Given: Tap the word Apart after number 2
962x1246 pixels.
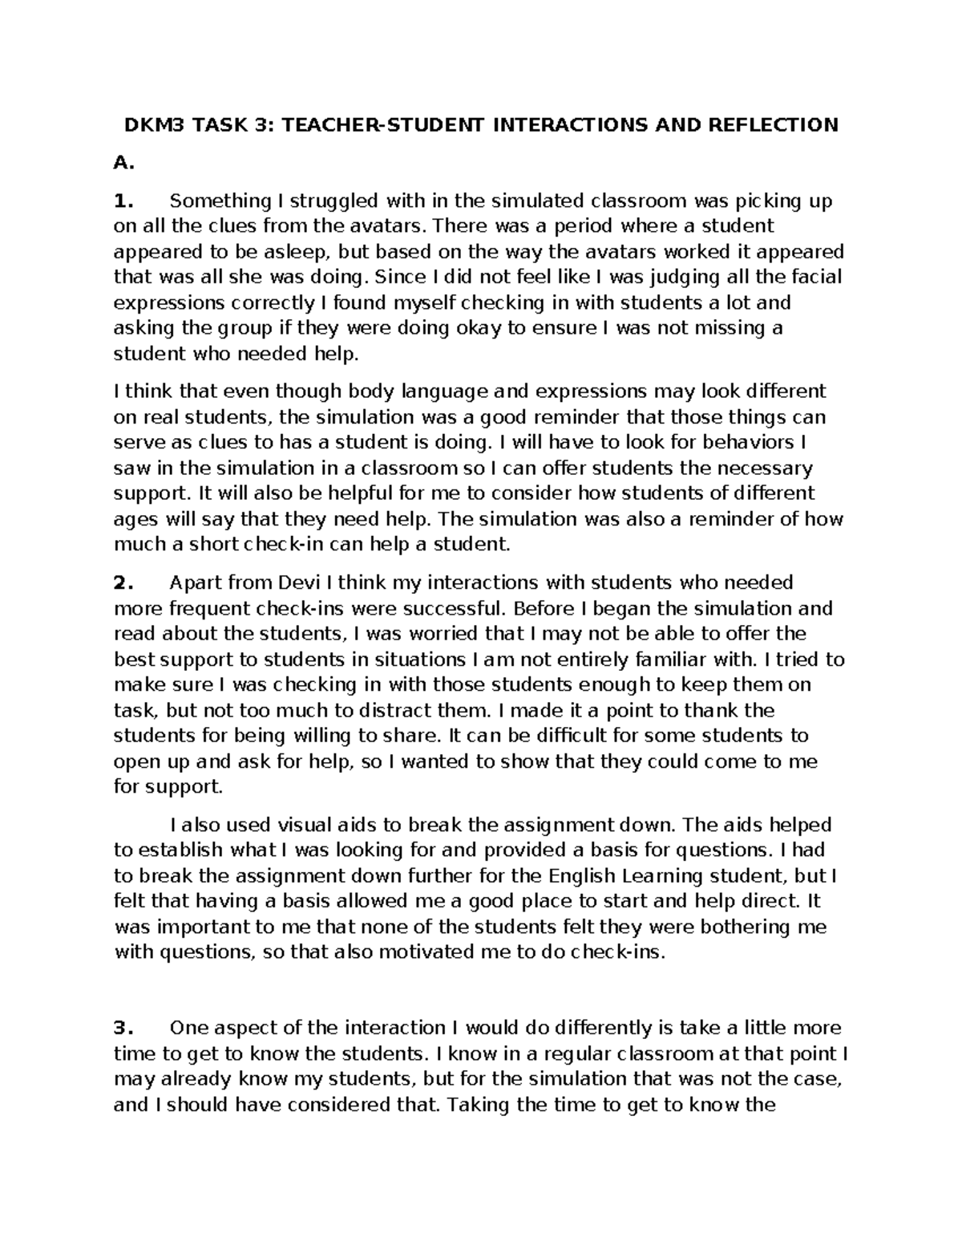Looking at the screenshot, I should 196,582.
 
